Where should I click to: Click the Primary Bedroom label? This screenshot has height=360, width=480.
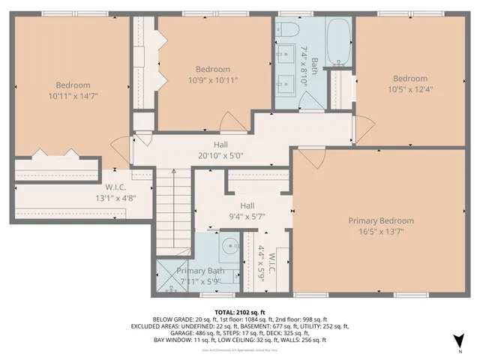click(x=381, y=220)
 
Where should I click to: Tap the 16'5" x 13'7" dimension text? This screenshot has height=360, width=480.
click(x=381, y=231)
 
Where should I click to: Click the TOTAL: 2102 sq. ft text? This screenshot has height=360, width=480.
click(x=240, y=312)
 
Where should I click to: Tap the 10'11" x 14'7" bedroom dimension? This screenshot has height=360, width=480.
click(x=73, y=96)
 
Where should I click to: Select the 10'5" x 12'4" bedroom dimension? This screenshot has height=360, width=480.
click(x=410, y=90)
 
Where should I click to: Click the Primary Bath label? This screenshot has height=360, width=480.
click(x=200, y=271)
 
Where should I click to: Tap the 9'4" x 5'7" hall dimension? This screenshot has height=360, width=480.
click(x=247, y=216)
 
